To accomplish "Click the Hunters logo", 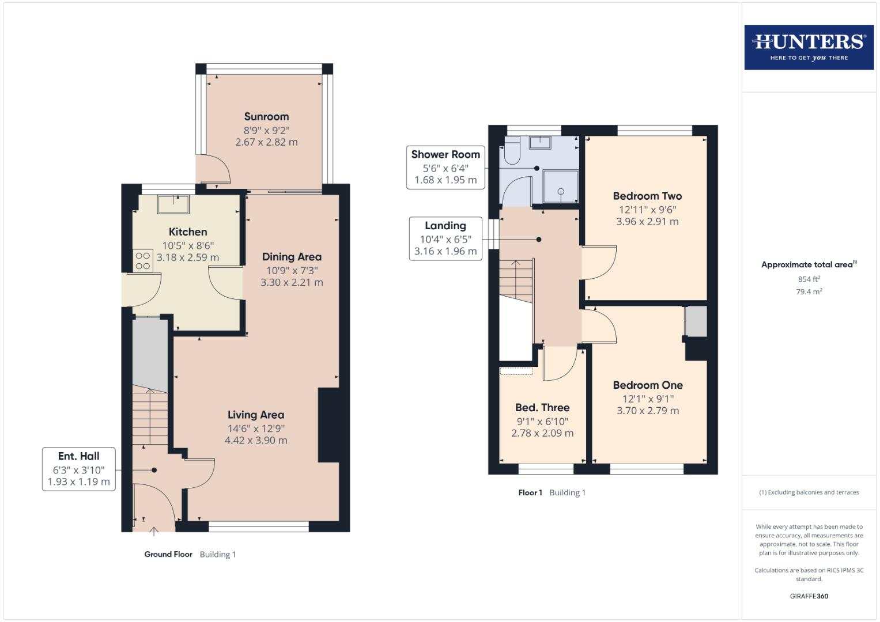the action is coord(809,47).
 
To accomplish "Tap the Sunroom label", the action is coord(266,116).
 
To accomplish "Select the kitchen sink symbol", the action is coord(173,204).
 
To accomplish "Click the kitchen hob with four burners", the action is coord(142,261).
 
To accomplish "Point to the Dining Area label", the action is coord(292,257).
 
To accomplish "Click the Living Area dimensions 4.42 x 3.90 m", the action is coord(256,440).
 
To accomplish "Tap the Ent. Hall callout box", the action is coord(79,469).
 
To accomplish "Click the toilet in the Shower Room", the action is coord(512,150).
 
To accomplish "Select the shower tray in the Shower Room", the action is coord(561,187).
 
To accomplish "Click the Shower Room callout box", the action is coord(445,167).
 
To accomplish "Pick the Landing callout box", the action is coord(445,238).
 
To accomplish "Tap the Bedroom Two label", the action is coord(647,196).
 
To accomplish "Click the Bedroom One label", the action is coord(648,385).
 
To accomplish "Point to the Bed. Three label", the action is coord(542,408).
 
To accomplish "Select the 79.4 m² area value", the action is coord(809,291).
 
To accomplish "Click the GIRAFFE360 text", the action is coord(809,596).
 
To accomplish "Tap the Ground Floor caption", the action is coord(168,554).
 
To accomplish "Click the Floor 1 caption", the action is coord(530,492).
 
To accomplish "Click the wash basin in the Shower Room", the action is coord(540,143).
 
